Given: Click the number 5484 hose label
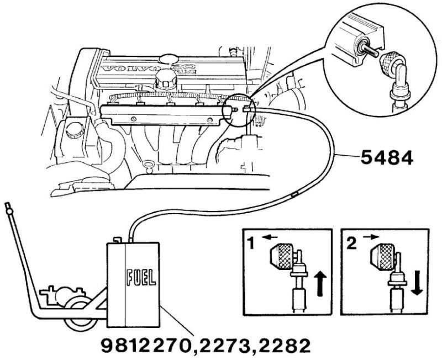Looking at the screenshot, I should (x=386, y=160).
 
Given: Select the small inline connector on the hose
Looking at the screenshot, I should (x=294, y=194).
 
